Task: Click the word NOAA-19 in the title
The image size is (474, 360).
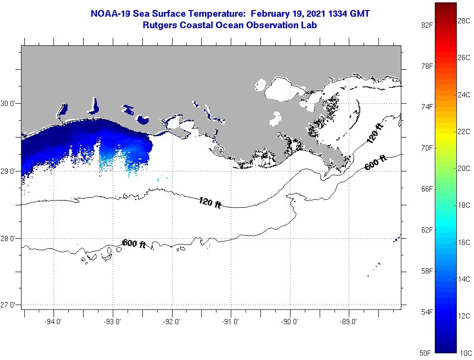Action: pyautogui.click(x=111, y=14)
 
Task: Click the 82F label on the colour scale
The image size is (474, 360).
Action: pyautogui.click(x=427, y=25)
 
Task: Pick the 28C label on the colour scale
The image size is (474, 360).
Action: pyautogui.click(x=464, y=21)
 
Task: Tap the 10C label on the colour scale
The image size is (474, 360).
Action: pyautogui.click(x=466, y=353)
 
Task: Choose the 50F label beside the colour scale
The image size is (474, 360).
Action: pyautogui.click(x=425, y=353)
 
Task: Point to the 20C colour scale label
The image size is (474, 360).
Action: pyautogui.click(x=464, y=169)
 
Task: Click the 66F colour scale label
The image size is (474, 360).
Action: pyautogui.click(x=427, y=189)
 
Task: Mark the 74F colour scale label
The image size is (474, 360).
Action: pyautogui.click(x=427, y=107)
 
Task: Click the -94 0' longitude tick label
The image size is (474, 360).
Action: pyautogui.click(x=53, y=322)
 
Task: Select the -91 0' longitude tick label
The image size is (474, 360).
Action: pyautogui.click(x=230, y=322)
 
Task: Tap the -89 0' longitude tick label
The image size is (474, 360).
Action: pyautogui.click(x=348, y=322)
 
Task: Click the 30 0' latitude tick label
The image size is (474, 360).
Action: pyautogui.click(x=8, y=104)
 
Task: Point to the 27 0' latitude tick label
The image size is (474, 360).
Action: pyautogui.click(x=8, y=305)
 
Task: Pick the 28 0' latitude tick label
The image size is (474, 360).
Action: pyautogui.click(x=8, y=239)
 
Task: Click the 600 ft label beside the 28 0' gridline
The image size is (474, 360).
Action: pyautogui.click(x=134, y=244)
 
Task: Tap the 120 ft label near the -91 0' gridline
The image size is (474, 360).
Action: pyautogui.click(x=210, y=202)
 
